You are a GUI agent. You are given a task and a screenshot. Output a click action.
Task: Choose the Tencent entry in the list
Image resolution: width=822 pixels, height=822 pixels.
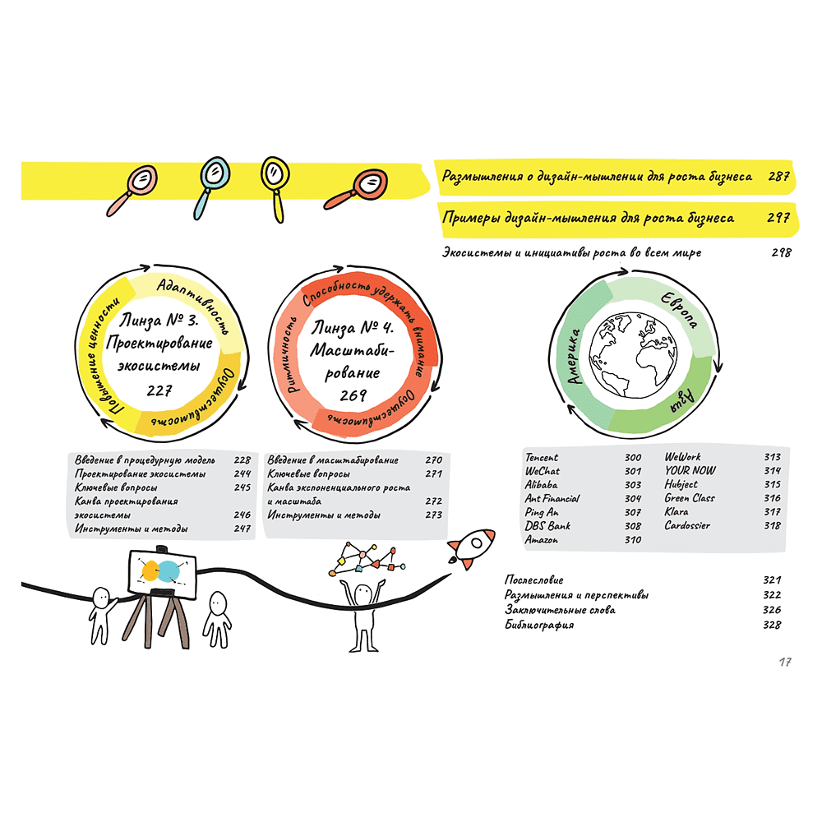coord(542,457)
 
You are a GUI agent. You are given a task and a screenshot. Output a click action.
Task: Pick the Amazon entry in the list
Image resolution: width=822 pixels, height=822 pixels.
coord(542,540)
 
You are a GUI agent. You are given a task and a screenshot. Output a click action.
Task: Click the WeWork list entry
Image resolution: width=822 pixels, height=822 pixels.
coord(683,457)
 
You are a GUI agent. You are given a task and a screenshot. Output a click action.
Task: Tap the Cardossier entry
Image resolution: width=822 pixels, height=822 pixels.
coord(687,525)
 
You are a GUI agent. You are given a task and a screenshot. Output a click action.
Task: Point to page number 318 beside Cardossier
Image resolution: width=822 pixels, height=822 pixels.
coord(772,525)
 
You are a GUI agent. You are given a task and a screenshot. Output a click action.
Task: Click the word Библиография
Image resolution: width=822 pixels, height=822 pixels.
coord(539,625)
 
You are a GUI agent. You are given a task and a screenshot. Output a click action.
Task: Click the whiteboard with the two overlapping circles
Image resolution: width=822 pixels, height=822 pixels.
coord(160,572)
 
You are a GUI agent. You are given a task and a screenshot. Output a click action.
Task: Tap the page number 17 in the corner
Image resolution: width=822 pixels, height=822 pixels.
coord(784,661)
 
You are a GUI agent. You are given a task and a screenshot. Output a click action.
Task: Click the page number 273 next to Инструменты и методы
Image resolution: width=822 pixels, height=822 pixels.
coord(433,515)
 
